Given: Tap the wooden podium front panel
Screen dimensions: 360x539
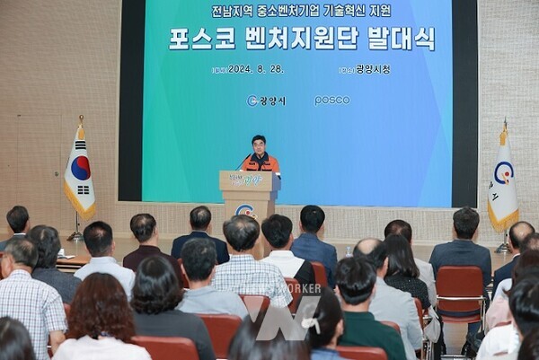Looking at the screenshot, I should click(249, 202).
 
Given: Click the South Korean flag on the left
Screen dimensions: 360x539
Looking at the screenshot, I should click(79, 175).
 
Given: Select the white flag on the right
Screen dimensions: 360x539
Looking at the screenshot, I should click(502, 184).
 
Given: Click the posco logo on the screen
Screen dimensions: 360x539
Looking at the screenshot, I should click(331, 101).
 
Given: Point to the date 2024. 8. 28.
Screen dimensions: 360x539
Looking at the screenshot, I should click(255, 69).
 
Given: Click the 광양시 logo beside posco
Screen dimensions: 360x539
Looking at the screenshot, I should click(266, 101).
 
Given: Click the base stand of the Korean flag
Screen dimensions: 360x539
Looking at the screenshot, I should click(75, 237).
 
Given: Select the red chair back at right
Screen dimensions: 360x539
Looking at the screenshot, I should click(459, 286).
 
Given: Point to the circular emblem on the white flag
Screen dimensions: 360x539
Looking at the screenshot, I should click(503, 173).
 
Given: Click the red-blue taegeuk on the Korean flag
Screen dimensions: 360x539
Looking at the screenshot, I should click(81, 168).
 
